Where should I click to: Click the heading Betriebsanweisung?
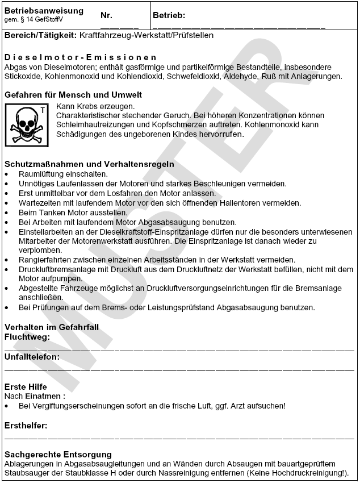[44, 11]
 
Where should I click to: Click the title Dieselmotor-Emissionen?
[80, 57]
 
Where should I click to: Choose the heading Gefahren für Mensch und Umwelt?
[73, 94]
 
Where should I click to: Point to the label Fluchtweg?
[27, 337]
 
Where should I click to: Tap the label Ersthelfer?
[26, 425]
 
